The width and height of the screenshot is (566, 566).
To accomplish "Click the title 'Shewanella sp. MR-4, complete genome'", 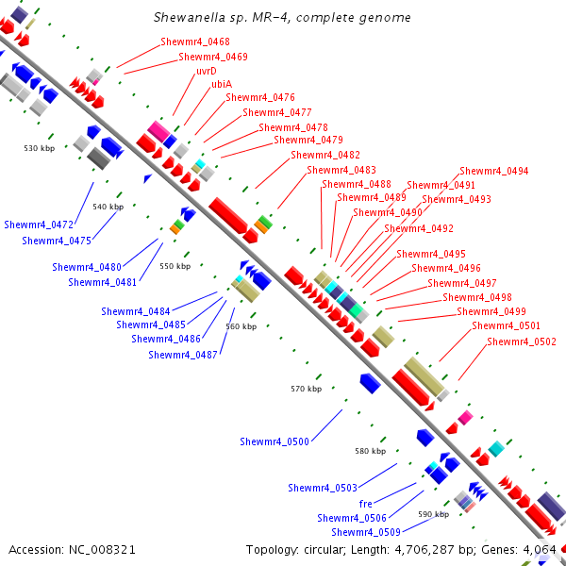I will click(282, 18).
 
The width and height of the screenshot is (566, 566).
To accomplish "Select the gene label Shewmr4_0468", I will click(195, 42).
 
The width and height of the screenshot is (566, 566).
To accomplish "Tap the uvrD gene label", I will click(207, 71).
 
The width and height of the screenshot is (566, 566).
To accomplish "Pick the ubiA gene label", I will click(222, 84).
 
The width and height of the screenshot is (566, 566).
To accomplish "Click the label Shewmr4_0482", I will click(325, 155).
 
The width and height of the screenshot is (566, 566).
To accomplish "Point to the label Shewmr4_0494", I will click(494, 172).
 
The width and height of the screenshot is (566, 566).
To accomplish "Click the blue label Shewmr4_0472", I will click(39, 225).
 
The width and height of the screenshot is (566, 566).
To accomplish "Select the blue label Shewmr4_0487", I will click(183, 355).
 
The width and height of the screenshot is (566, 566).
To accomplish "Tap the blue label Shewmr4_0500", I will click(275, 441).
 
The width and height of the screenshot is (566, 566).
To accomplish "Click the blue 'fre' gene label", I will click(366, 504).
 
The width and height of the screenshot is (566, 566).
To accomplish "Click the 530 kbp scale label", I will click(40, 148).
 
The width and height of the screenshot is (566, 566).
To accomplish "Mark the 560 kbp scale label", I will click(241, 326).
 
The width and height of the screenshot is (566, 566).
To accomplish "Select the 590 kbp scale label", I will click(433, 514).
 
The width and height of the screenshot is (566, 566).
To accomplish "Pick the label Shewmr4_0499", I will click(491, 311).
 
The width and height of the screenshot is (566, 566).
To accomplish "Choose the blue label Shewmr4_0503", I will click(323, 488).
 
